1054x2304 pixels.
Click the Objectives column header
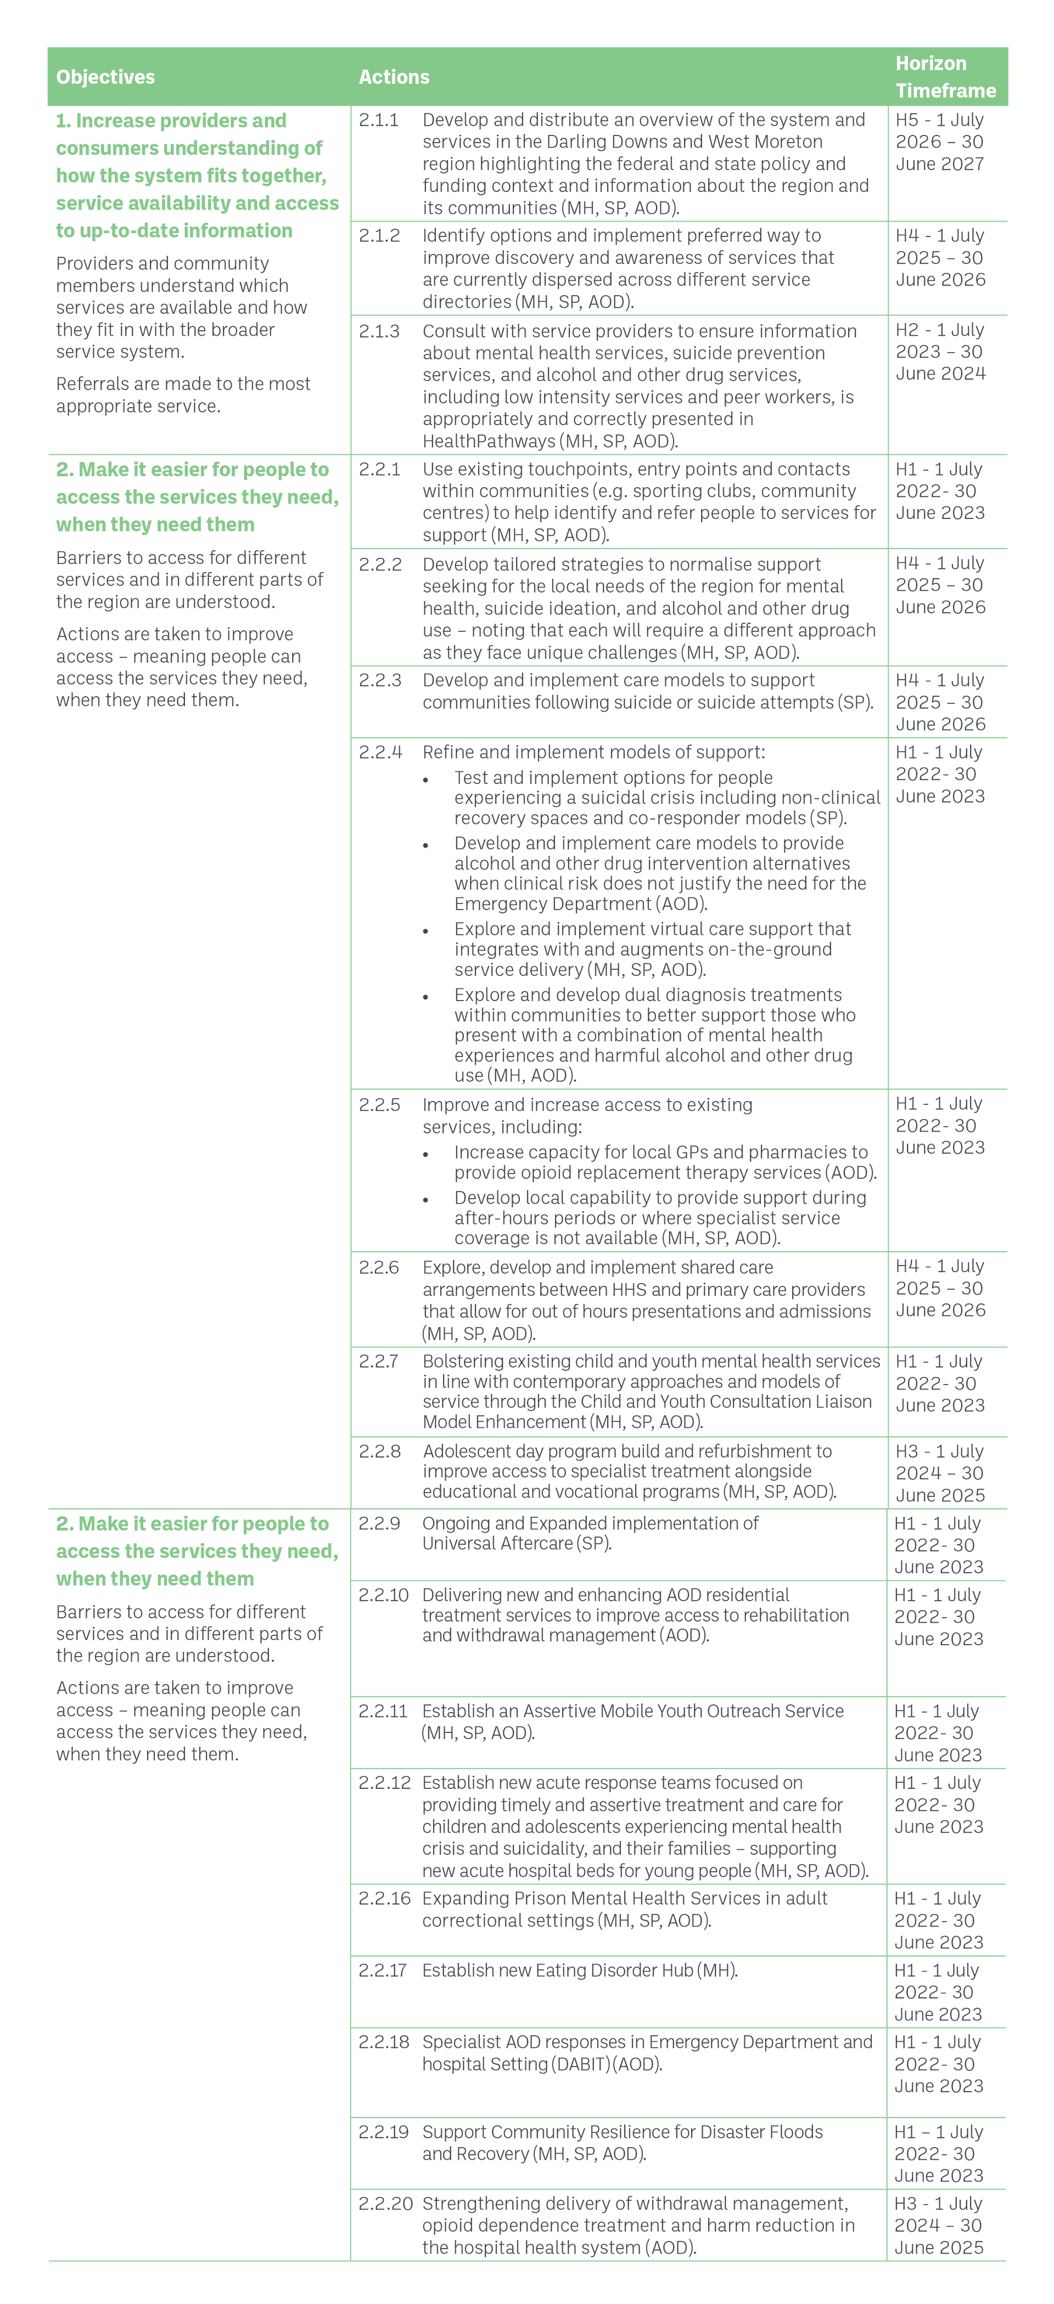[105, 77]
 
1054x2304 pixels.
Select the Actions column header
[394, 77]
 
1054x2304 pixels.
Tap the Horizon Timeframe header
[946, 77]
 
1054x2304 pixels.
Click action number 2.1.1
[378, 120]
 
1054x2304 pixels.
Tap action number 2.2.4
[380, 752]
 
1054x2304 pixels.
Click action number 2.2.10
[384, 1595]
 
